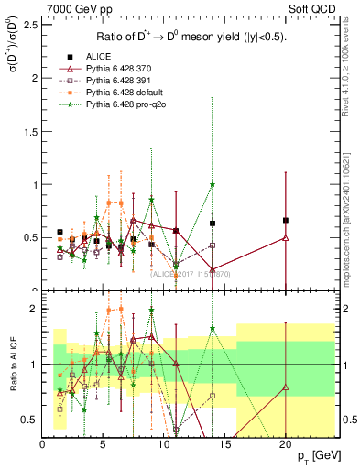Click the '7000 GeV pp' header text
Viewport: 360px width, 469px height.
[72, 8]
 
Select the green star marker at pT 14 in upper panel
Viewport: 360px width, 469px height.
[213, 184]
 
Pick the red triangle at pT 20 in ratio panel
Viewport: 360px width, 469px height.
[286, 387]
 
